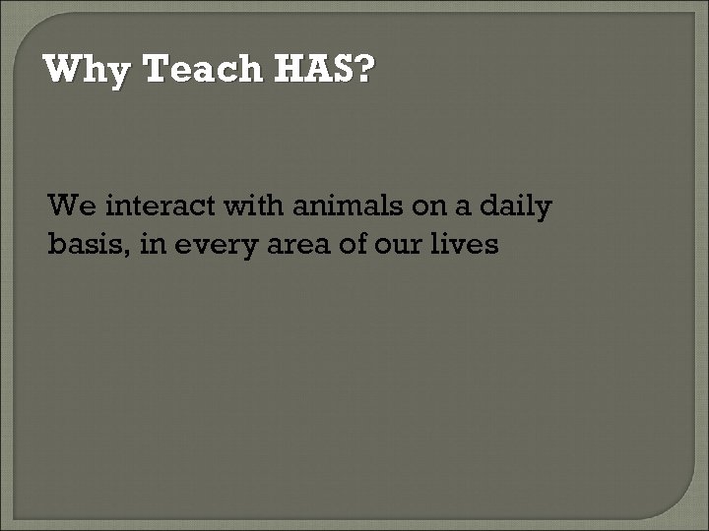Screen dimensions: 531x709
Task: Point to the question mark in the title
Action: (363, 70)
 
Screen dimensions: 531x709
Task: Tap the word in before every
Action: (151, 244)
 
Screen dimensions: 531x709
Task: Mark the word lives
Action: (467, 244)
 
